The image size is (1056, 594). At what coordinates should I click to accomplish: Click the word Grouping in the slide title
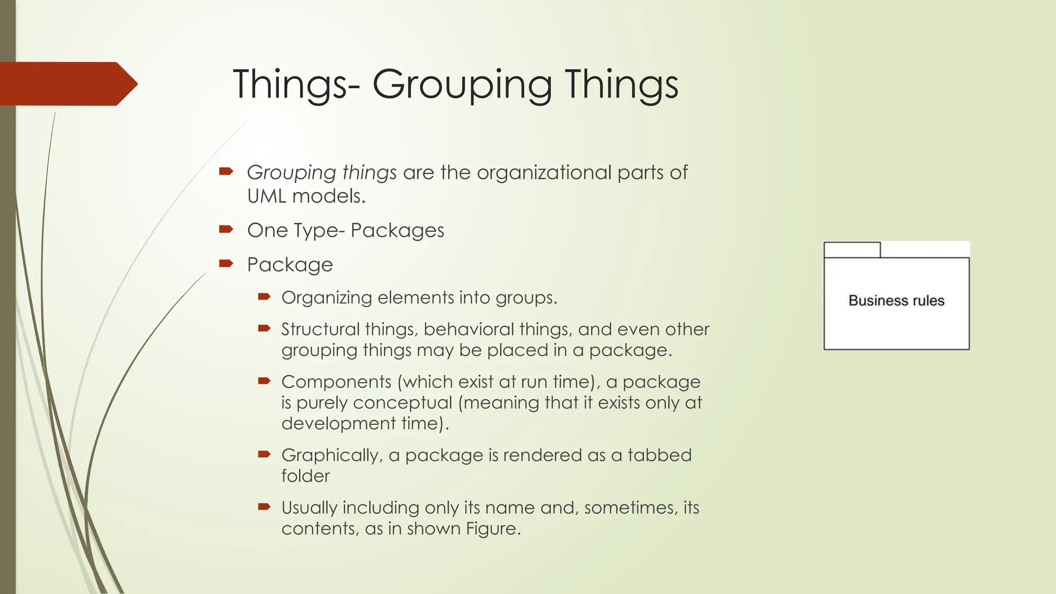coord(462,85)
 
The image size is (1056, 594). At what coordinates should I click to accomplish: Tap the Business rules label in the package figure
coord(896,301)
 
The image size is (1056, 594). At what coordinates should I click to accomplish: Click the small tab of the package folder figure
coord(852,250)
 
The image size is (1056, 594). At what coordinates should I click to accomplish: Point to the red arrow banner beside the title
coord(67,84)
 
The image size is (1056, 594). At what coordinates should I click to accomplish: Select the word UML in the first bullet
coord(266,196)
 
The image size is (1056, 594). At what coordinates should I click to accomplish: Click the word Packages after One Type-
coord(397,230)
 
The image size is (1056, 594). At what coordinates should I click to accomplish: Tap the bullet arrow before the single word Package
coord(226,263)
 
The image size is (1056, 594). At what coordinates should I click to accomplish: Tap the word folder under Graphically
coord(305,476)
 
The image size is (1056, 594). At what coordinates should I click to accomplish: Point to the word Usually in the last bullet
coord(309,508)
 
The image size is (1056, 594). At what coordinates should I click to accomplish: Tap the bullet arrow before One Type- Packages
coord(226,229)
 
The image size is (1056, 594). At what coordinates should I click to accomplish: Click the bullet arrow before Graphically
coord(264,454)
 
